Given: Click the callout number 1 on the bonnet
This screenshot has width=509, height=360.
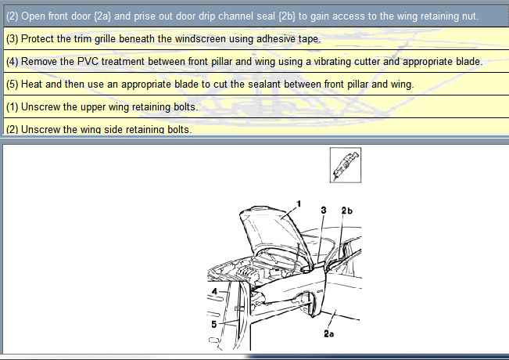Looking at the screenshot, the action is [x=299, y=203].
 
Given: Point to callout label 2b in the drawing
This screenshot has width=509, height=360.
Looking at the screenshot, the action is [x=346, y=211].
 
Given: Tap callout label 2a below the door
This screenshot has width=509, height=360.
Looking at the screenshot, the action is [x=329, y=333].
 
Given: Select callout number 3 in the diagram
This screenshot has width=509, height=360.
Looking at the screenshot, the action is [x=324, y=211].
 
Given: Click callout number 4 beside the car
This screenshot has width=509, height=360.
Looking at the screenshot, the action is [x=214, y=291].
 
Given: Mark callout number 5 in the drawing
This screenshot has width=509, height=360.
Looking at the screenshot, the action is [x=214, y=324].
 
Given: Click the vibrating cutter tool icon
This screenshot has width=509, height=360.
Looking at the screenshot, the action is [x=346, y=165].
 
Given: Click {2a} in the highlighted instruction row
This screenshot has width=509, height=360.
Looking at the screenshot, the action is [x=102, y=16].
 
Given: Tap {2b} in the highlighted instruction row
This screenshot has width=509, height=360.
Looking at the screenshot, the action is [x=287, y=16].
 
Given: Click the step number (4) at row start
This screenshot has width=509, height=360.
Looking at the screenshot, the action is [x=13, y=61].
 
